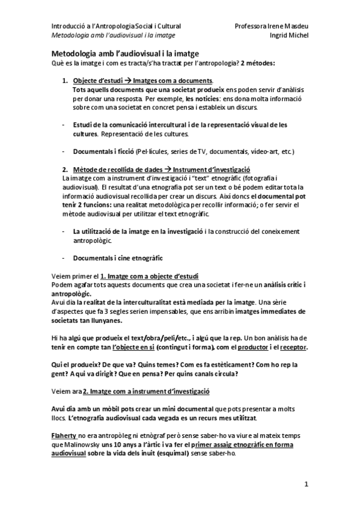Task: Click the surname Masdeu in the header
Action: tap(295, 26)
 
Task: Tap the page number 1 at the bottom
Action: tap(306, 484)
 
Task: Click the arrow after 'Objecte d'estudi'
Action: tap(127, 81)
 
